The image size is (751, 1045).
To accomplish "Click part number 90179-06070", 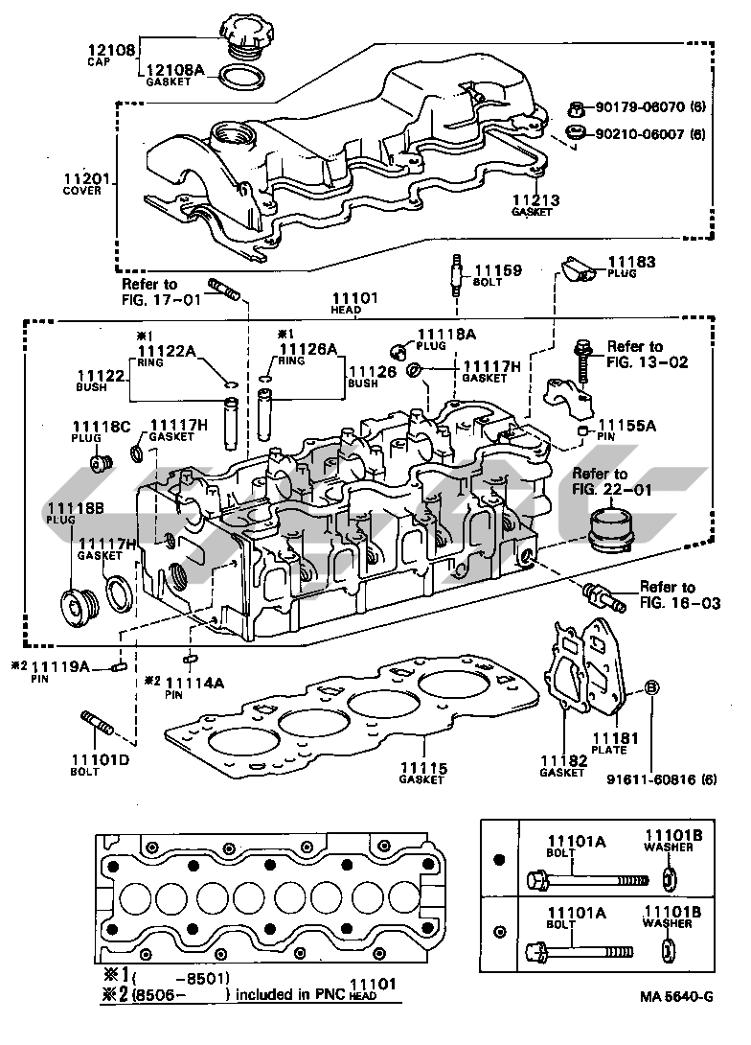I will click(x=638, y=109).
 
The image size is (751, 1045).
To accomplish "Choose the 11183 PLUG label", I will click(x=631, y=261).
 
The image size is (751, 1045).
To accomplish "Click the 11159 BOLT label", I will click(x=498, y=271).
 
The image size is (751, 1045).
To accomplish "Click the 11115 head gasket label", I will click(x=422, y=767).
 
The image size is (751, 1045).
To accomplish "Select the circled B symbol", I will click(x=651, y=686).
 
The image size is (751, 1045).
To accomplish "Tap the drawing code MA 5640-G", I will click(x=677, y=1022).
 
